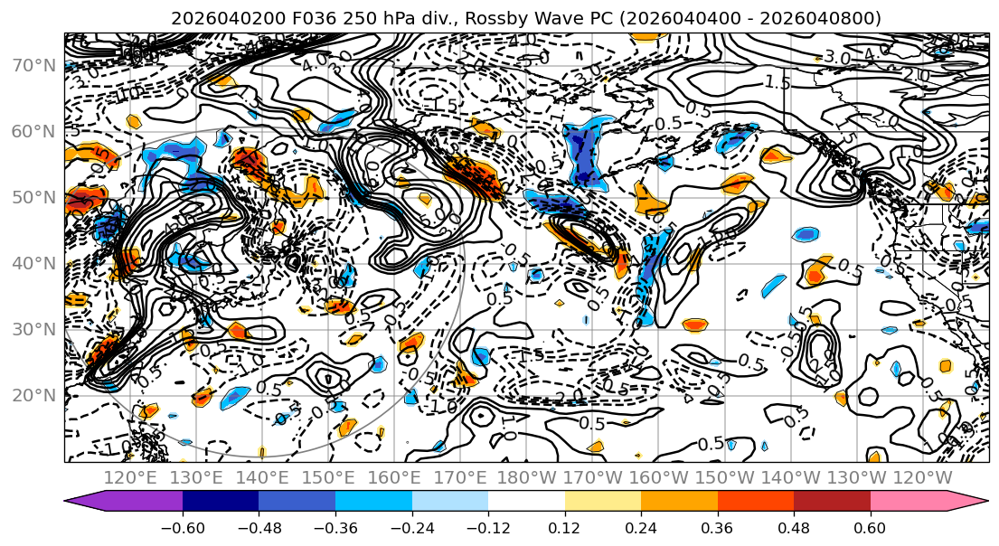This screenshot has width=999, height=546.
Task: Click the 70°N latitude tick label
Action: click(x=33, y=65)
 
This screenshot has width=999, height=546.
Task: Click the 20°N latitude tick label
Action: click(x=33, y=395)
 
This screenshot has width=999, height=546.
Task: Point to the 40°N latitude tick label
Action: click(x=33, y=263)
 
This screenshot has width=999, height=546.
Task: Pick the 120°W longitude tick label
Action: click(x=922, y=477)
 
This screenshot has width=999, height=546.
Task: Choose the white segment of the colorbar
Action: click(x=526, y=502)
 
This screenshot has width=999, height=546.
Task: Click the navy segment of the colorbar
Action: click(x=221, y=502)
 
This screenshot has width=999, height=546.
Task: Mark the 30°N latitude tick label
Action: click(x=33, y=329)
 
